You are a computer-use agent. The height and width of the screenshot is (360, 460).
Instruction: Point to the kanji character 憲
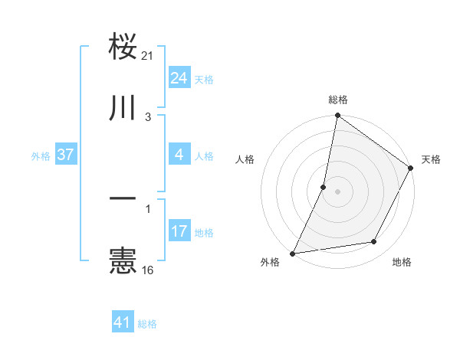point(123,260)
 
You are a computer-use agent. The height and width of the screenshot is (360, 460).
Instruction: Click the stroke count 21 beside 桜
point(149,56)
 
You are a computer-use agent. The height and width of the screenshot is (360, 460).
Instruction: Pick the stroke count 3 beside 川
point(149,117)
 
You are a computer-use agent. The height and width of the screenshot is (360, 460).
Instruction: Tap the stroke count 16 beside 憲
point(149,270)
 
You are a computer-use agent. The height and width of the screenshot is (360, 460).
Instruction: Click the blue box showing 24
point(179,77)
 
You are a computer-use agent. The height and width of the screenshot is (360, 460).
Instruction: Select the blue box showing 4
point(179,155)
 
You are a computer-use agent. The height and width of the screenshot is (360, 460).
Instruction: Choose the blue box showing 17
point(179,231)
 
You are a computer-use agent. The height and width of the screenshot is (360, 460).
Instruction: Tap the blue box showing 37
point(65,155)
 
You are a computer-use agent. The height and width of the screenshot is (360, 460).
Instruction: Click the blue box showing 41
point(123,323)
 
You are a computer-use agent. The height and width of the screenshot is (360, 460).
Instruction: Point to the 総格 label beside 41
point(147,324)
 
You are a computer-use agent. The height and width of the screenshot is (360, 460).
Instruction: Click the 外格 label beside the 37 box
point(41,155)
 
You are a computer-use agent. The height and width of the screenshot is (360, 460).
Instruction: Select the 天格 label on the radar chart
point(431,159)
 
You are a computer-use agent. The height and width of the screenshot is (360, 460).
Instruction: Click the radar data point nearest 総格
point(337,116)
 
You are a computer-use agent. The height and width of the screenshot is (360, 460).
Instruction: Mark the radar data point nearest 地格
point(374,242)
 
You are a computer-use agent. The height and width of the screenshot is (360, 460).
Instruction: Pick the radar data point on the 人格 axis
point(324,186)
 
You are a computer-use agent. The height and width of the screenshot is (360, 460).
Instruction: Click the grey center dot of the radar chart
point(337,191)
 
